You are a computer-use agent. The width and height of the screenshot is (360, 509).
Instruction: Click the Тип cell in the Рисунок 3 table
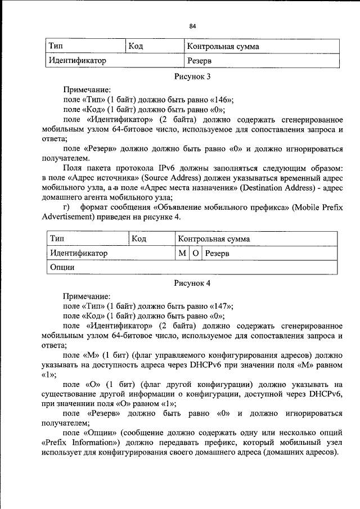pos(84,46)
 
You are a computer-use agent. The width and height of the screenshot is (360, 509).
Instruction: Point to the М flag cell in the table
pos(182,254)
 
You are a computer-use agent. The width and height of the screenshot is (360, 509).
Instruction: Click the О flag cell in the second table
pos(195,254)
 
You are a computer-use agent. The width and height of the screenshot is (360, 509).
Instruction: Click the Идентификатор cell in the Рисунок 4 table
pos(109,254)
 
